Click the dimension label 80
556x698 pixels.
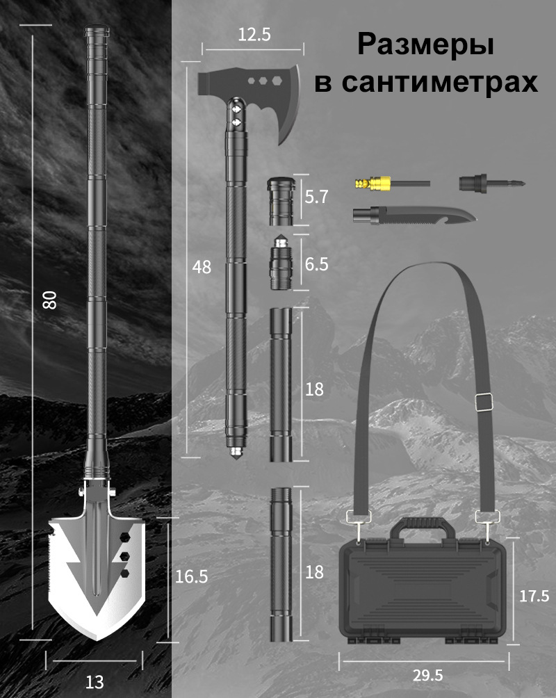point(49,300)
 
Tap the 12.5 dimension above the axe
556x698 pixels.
point(254,34)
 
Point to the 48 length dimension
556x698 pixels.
point(202,267)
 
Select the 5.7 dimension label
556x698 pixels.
point(316,197)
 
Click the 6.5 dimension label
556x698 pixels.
point(316,264)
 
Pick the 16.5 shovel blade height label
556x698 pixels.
point(191,576)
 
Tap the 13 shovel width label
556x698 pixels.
point(95,682)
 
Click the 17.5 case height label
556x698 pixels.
point(534,596)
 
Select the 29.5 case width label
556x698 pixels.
point(428,675)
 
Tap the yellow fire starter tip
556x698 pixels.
point(372,183)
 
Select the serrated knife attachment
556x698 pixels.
point(414,216)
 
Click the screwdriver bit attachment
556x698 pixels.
point(492,183)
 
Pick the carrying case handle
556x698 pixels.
point(423,528)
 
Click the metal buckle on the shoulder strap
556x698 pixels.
point(484,402)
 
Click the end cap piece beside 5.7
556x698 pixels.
point(281,201)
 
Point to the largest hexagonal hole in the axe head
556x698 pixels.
point(277,81)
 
